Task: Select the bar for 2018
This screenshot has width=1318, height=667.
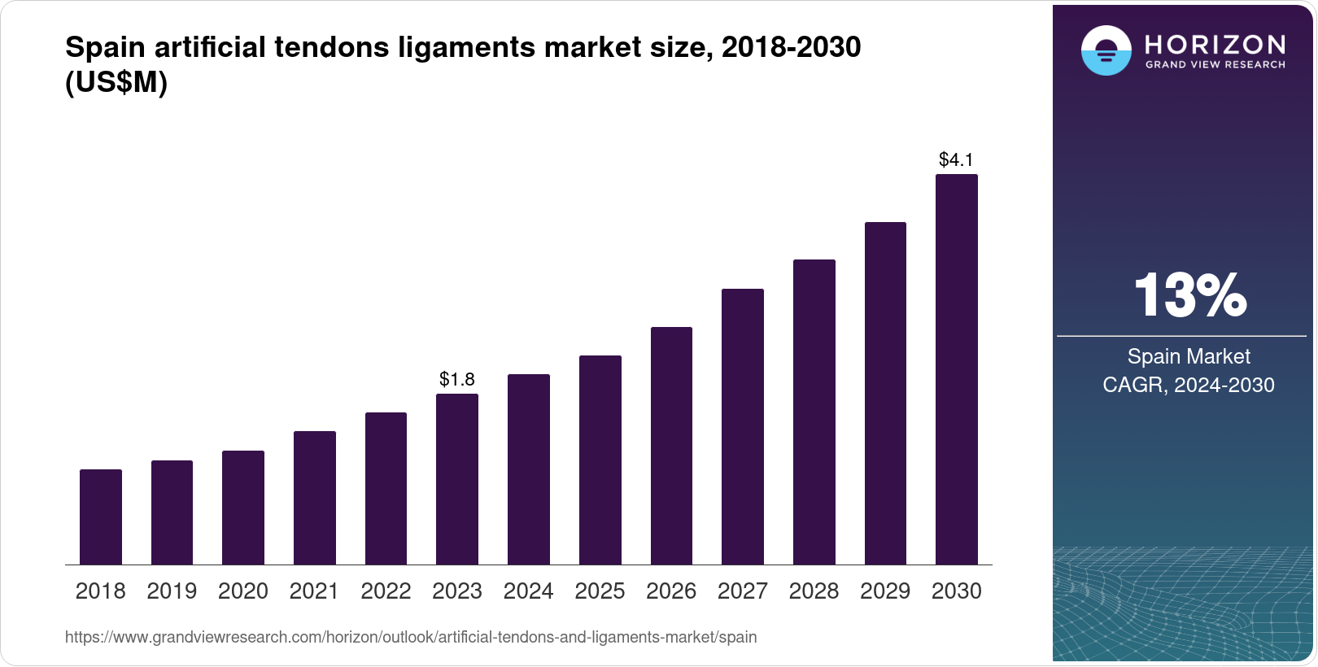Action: click(x=101, y=517)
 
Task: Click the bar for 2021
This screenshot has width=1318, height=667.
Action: click(x=315, y=498)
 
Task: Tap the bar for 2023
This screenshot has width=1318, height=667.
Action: click(x=457, y=479)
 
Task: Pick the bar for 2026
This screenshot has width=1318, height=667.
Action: click(x=671, y=446)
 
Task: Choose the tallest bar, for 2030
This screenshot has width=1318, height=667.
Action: click(x=956, y=369)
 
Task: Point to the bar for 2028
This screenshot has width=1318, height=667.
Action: click(x=814, y=412)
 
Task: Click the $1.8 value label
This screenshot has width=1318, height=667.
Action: click(x=457, y=379)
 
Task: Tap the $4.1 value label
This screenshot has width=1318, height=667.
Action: click(x=956, y=159)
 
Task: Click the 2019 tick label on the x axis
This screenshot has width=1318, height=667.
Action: click(x=172, y=591)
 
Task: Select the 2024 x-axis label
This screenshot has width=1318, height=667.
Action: click(x=528, y=591)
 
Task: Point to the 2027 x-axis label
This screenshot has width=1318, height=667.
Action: click(x=742, y=591)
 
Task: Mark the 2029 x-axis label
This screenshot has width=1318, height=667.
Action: click(x=885, y=591)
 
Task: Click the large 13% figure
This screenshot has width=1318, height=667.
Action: click(x=1189, y=295)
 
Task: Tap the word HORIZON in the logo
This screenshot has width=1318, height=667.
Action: click(x=1215, y=45)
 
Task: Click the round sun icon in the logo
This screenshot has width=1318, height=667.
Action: click(x=1106, y=50)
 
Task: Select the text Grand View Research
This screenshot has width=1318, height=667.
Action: click(x=1215, y=65)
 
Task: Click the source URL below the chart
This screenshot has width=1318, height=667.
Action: click(x=411, y=638)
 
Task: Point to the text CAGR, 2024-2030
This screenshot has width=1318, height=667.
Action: click(x=1189, y=385)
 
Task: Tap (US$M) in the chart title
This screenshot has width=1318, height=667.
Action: click(x=116, y=83)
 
